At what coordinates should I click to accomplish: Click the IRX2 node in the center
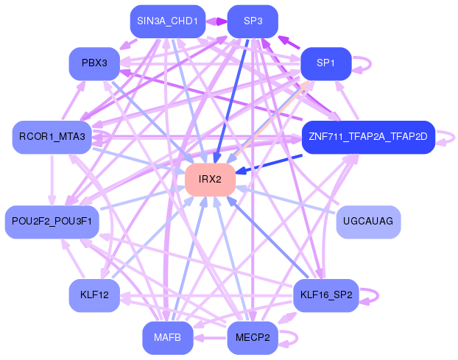pyautogui.click(x=211, y=180)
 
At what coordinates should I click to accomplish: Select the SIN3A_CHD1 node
pyautogui.click(x=168, y=21)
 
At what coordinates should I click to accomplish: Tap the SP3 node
pyautogui.click(x=253, y=21)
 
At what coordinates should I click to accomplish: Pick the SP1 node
pyautogui.click(x=326, y=63)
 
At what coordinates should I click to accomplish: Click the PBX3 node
pyautogui.click(x=94, y=63)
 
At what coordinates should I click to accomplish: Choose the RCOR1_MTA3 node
pyautogui.click(x=52, y=137)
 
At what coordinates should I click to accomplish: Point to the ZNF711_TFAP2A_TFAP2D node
pyautogui.click(x=368, y=137)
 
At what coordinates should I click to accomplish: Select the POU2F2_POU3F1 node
pyautogui.click(x=52, y=222)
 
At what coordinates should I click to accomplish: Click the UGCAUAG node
pyautogui.click(x=368, y=222)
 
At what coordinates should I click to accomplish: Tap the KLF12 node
pyautogui.click(x=94, y=295)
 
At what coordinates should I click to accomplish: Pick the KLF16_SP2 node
pyautogui.click(x=326, y=295)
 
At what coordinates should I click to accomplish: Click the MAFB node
pyautogui.click(x=168, y=338)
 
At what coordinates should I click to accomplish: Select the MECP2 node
pyautogui.click(x=253, y=338)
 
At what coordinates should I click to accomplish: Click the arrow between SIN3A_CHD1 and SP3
pyautogui.click(x=216, y=21)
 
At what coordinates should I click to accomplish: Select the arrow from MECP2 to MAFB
pyautogui.click(x=211, y=338)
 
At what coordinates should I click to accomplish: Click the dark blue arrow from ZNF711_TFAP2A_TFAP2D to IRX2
pyautogui.click(x=269, y=164)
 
